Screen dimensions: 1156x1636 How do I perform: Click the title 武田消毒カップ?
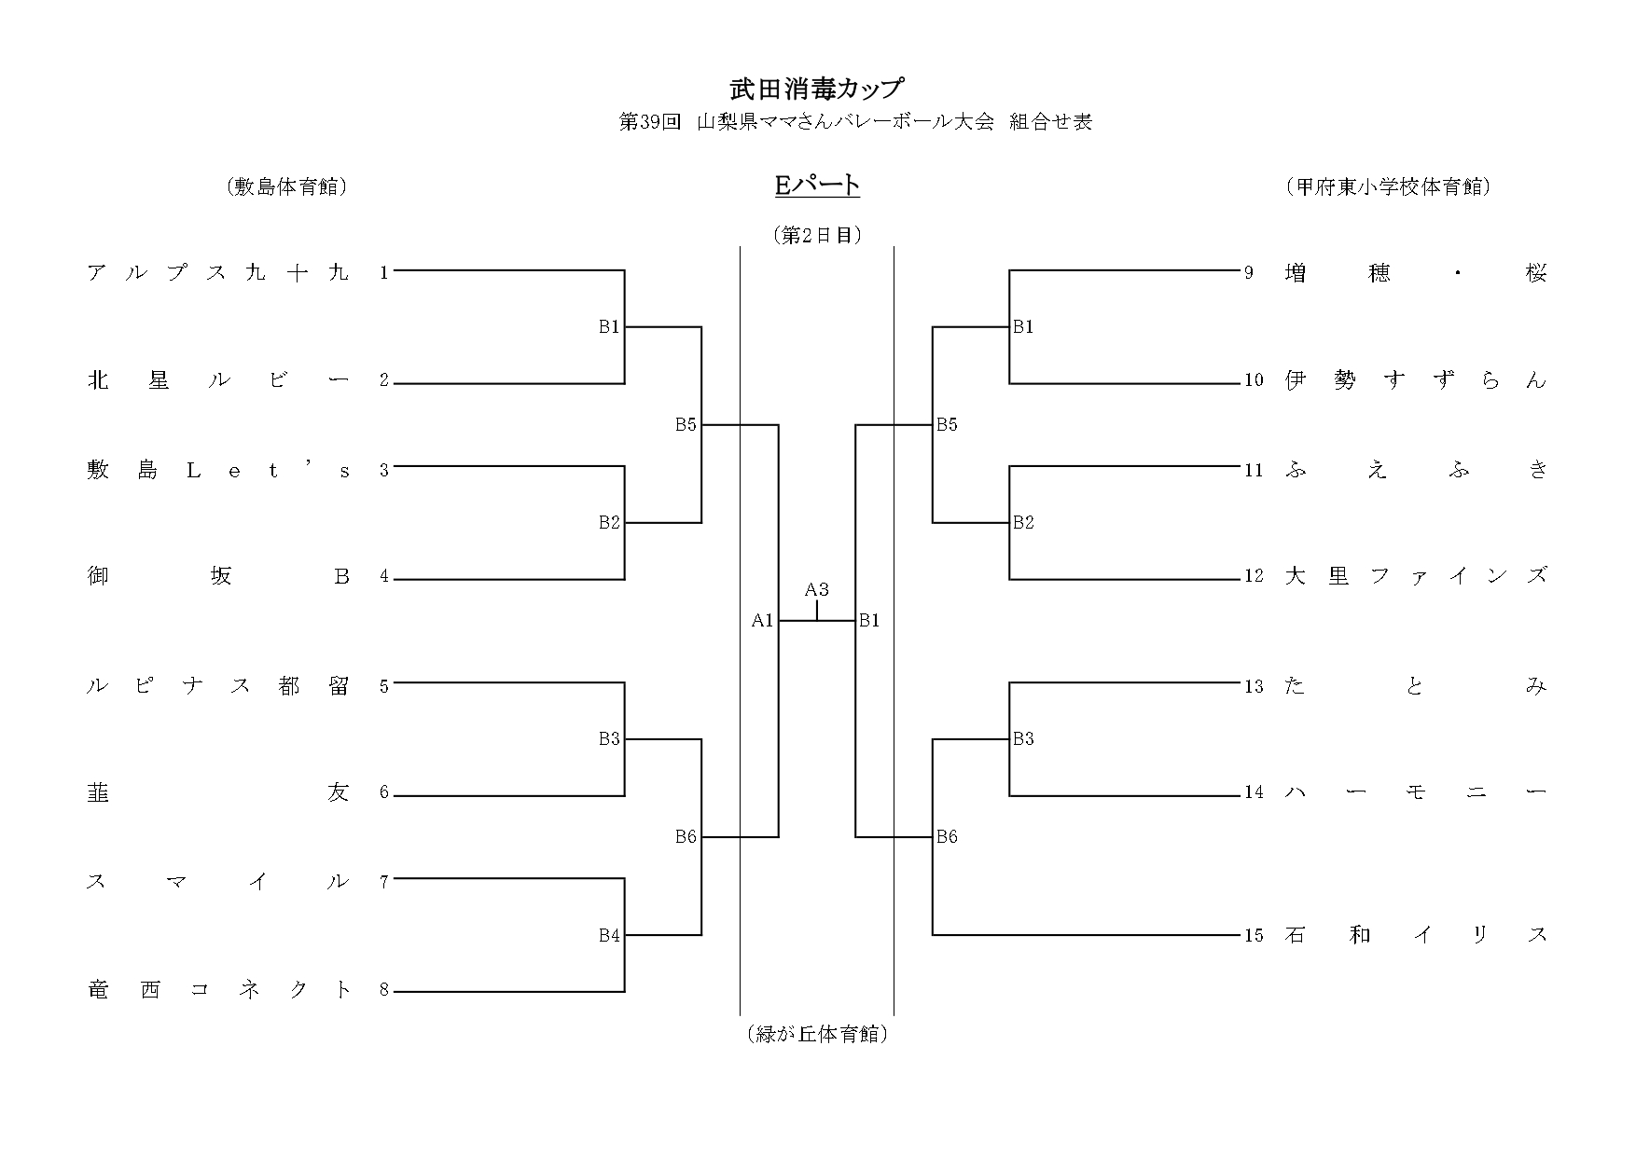click(817, 89)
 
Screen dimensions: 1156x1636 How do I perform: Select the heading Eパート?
click(817, 186)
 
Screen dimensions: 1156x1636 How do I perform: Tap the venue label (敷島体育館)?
click(286, 187)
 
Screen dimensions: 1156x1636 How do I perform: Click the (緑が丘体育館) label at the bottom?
click(817, 1034)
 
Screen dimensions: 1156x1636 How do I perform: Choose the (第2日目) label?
click(817, 235)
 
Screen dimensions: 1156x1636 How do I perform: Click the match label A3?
click(817, 589)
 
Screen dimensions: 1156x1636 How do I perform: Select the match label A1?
click(762, 620)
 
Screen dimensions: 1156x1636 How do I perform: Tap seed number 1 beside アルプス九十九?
click(383, 272)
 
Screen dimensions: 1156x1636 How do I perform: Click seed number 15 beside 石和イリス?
click(1254, 935)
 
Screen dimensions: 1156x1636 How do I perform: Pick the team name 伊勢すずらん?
click(1415, 380)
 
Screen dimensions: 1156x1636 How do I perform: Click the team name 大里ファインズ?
click(1415, 576)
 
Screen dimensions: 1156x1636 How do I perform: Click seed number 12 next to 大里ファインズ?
click(1254, 576)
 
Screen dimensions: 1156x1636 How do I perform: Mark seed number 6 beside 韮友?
click(383, 792)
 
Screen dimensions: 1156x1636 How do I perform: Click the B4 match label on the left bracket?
click(609, 935)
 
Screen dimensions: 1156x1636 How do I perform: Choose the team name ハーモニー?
click(1415, 792)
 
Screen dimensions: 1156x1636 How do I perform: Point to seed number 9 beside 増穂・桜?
click(1249, 273)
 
